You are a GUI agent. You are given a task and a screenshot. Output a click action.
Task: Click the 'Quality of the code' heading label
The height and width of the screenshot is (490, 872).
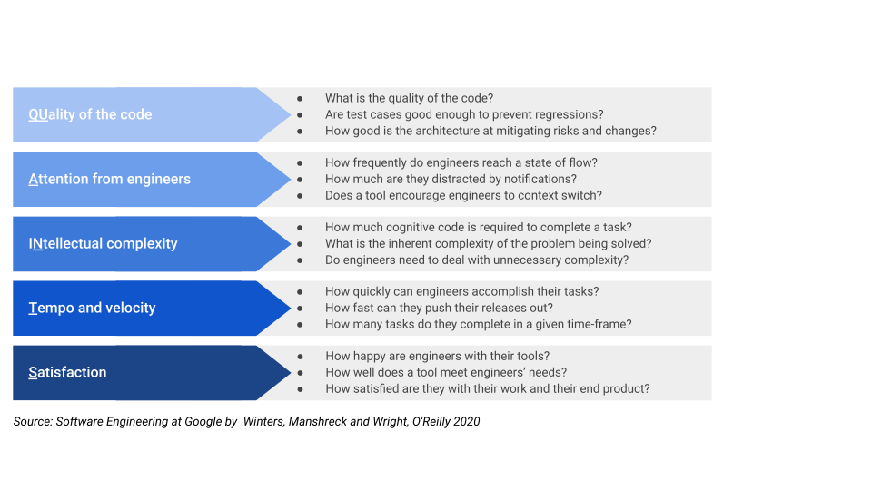click(90, 114)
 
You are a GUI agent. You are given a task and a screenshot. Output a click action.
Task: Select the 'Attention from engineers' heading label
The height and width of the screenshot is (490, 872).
click(109, 179)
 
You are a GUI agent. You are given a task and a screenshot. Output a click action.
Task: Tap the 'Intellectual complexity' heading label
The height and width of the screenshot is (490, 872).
click(103, 243)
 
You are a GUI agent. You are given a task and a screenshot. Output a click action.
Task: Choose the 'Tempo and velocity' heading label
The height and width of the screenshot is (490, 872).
click(92, 308)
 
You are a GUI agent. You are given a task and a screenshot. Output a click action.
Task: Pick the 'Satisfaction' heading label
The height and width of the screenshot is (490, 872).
click(67, 372)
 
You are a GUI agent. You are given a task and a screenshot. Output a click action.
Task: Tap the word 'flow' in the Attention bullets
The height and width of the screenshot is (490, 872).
click(580, 162)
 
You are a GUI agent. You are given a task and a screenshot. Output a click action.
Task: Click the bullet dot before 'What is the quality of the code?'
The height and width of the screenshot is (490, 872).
click(300, 98)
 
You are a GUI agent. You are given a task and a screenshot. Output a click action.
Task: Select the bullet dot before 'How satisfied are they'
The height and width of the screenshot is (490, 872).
click(300, 388)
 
